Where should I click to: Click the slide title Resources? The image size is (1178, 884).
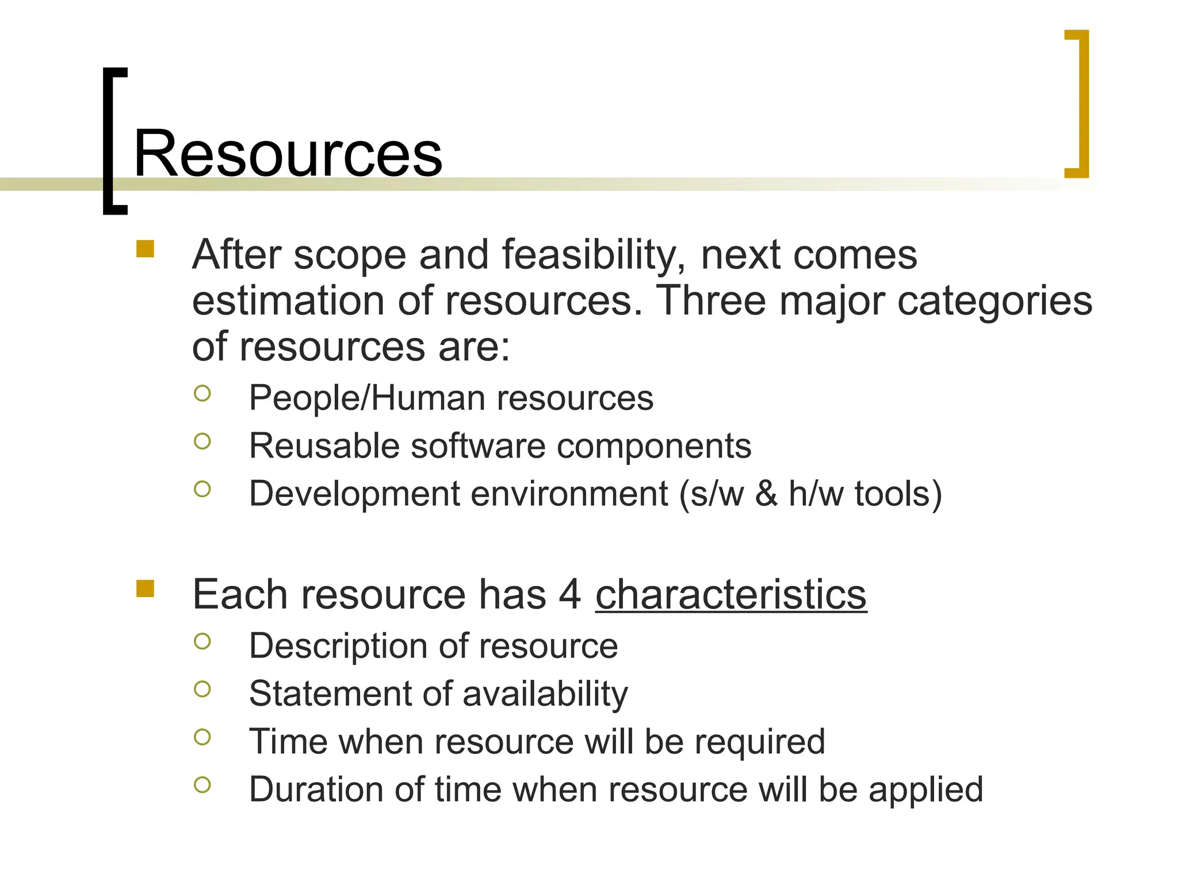[288, 154]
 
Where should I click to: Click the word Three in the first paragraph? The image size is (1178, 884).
[711, 300]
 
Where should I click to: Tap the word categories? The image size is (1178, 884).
[995, 302]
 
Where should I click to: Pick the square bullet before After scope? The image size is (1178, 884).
[146, 249]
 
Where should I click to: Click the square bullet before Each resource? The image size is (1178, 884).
[146, 589]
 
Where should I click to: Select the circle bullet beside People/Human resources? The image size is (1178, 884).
[202, 394]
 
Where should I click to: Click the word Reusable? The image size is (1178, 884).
[324, 446]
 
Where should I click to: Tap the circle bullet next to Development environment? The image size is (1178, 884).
[202, 489]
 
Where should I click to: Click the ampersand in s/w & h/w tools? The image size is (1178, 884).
[766, 494]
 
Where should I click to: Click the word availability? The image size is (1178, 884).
[545, 694]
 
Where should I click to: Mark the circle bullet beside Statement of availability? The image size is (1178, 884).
[202, 689]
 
